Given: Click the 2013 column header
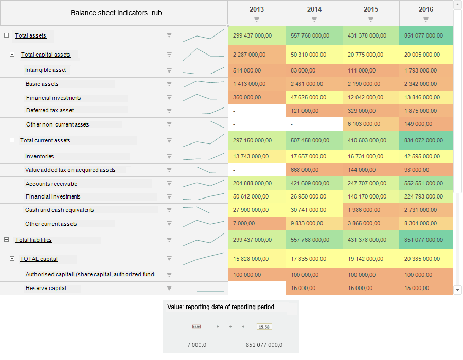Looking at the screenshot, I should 257,9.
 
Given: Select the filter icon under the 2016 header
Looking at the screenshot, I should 426,20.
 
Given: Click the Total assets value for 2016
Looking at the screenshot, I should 423,35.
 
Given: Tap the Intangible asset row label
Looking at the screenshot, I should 46,70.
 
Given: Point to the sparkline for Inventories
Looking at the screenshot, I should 204,157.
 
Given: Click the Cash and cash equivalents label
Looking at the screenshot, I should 60,210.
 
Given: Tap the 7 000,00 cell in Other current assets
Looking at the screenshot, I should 244,224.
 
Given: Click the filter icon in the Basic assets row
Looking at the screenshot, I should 169,84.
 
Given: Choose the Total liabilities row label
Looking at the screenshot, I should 33,240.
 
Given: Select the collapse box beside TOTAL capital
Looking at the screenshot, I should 12,259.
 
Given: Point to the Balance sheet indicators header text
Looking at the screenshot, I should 117,13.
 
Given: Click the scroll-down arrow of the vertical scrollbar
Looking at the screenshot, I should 458,290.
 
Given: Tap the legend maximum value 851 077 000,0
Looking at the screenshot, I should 264,345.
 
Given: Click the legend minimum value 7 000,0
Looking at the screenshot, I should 197,345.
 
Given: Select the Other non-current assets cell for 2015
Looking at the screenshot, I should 364,124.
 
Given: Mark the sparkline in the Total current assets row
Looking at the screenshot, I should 204,140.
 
